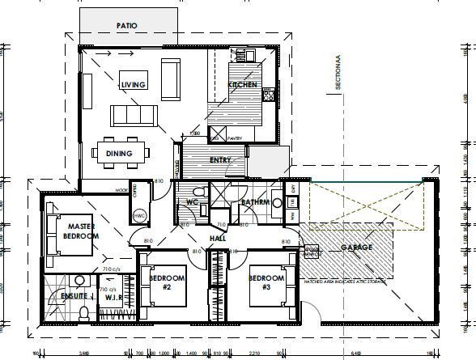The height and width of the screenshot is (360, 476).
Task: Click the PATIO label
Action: [127, 26]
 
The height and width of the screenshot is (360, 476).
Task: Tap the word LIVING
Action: [133, 85]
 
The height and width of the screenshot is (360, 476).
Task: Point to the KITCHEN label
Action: [243, 85]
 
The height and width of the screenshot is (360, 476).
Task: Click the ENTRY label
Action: [220, 160]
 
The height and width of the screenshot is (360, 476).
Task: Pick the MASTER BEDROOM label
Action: [83, 231]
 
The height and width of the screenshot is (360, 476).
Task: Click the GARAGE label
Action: [356, 246]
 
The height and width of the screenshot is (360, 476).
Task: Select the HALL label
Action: [217, 239]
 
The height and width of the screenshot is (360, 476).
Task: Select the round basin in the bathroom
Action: [278, 202]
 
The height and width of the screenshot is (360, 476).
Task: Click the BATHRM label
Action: [256, 201]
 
